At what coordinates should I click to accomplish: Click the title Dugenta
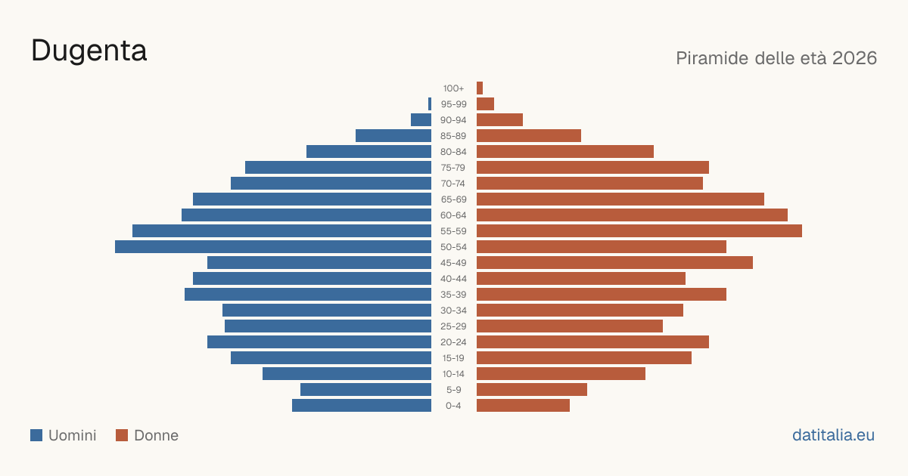point(89,51)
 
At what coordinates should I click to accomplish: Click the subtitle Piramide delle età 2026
point(776,58)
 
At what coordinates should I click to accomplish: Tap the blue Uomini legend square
point(36,435)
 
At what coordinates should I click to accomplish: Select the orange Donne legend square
point(122,435)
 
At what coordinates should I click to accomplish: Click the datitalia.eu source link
point(833,435)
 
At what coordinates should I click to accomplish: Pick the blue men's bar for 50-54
point(273,247)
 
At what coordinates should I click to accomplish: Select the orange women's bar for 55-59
point(639,230)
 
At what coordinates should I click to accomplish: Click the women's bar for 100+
point(480,88)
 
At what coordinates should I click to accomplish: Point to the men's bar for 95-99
point(430,104)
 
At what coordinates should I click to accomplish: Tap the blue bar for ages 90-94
point(421,120)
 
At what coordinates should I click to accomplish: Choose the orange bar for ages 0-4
point(524,406)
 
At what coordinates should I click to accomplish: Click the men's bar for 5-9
point(366,390)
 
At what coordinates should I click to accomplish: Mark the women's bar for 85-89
point(529,135)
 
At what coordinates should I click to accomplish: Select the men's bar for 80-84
point(369,152)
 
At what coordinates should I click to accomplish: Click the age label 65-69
point(453,199)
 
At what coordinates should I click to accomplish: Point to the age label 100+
point(453,88)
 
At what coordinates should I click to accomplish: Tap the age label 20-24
point(453,342)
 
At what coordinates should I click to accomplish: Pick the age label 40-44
point(453,279)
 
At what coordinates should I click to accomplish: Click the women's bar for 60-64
point(633,215)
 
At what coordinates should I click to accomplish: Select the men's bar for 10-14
point(347,373)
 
